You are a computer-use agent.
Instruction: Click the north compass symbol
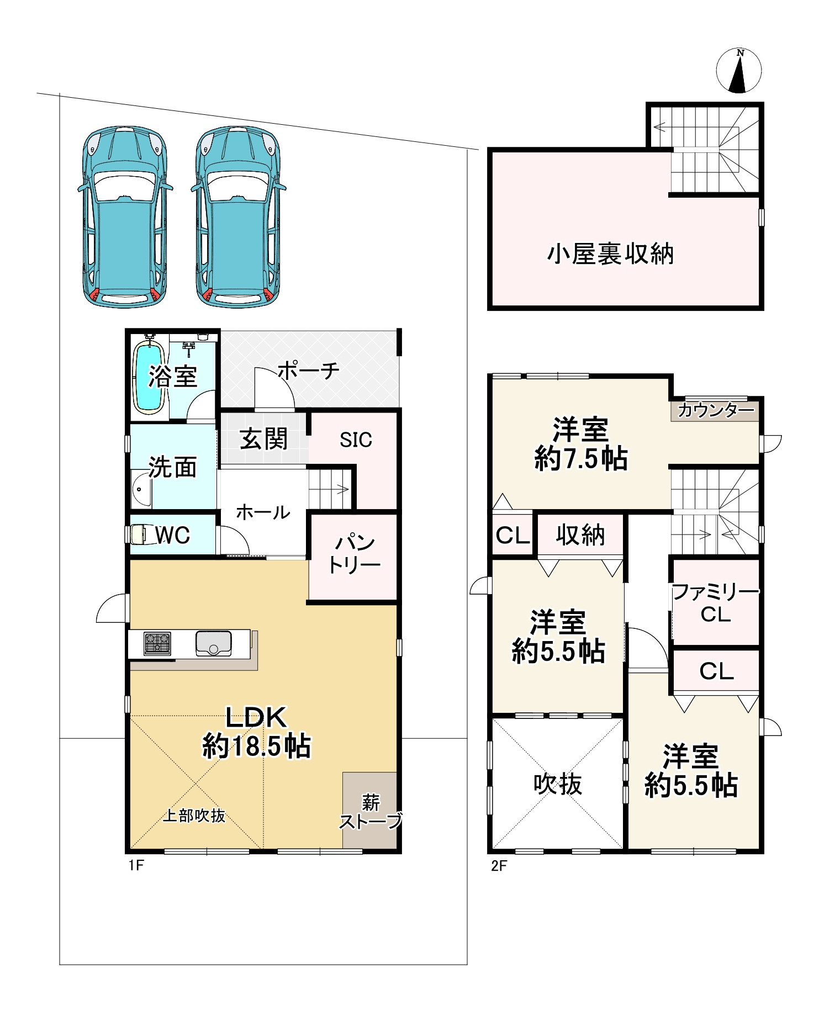[738, 71]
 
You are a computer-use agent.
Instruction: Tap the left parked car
[125, 216]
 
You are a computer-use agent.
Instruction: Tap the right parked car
[239, 216]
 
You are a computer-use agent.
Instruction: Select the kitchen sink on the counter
[214, 643]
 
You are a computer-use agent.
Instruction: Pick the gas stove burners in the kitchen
[157, 643]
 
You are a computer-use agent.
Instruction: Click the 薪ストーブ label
[370, 812]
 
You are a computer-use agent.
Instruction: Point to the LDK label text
[256, 717]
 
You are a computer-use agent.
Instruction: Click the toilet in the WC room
[138, 534]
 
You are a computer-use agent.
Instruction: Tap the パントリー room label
[354, 554]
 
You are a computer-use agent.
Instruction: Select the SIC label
[356, 440]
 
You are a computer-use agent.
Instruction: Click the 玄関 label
[263, 440]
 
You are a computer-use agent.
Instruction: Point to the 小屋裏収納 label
[610, 254]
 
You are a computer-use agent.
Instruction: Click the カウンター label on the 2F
[716, 410]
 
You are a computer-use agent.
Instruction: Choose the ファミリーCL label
[716, 603]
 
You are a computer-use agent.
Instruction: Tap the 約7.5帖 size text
[580, 458]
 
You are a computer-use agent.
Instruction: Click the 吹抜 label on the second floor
[558, 784]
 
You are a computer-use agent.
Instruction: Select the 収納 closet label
[580, 535]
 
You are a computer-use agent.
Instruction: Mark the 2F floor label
[499, 866]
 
